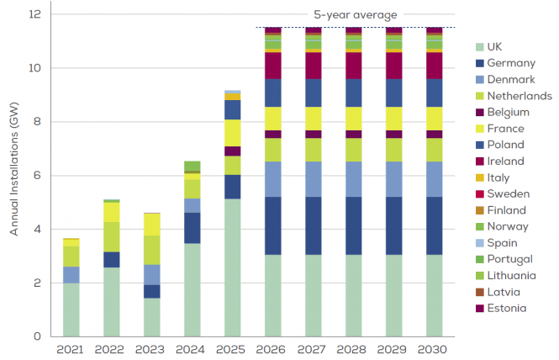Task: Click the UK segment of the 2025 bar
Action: (x=232, y=267)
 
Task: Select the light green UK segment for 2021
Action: (x=71, y=310)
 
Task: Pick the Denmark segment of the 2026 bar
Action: (x=272, y=179)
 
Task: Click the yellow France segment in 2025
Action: (x=232, y=133)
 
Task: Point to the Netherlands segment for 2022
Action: (x=112, y=236)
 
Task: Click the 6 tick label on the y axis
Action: (x=38, y=176)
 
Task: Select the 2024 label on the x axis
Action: (x=192, y=348)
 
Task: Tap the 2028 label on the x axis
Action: (x=353, y=348)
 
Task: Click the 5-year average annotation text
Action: (x=356, y=14)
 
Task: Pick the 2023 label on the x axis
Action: (x=152, y=348)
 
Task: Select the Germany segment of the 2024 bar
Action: (x=192, y=228)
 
